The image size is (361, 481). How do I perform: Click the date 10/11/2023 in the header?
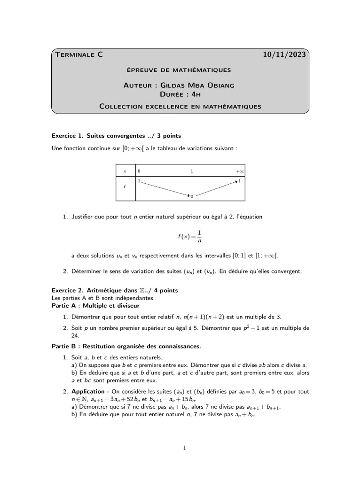pos(285,55)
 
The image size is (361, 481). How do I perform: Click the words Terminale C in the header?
pos(78,55)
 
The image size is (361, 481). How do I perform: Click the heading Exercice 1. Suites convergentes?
pos(116,136)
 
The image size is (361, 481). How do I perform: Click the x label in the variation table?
pos(125,172)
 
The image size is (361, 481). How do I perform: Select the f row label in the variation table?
pos(125,187)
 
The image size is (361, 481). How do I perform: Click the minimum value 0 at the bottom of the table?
pos(192,196)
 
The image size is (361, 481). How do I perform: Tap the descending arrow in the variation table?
pos(165,187)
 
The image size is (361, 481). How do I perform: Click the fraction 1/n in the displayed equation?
pos(199,236)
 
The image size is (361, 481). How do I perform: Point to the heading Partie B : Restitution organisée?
pos(126,346)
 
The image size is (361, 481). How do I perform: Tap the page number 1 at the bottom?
pos(185,448)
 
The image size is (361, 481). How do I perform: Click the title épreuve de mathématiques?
pos(179,70)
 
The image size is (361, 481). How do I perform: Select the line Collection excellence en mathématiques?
pos(180,107)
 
